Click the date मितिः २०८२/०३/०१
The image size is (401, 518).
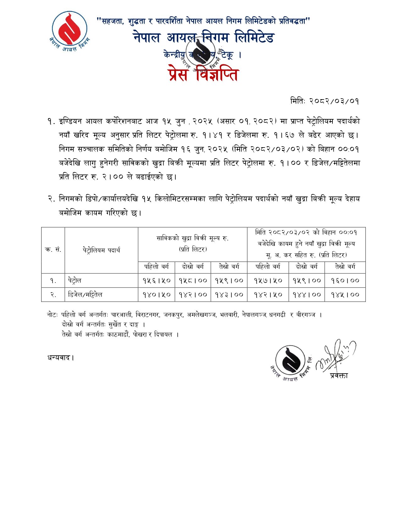[324, 101]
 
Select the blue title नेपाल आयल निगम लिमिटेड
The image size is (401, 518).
[204, 38]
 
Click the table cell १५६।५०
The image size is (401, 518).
[156, 280]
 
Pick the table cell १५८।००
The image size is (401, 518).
[193, 280]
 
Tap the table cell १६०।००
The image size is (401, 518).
[345, 280]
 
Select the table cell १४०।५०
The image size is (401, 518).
[156, 294]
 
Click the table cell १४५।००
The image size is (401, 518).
[345, 294]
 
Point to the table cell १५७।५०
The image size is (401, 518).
[268, 280]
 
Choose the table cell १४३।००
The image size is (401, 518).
[229, 294]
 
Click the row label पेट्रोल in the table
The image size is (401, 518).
[75, 280]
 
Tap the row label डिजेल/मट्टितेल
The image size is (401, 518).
[85, 294]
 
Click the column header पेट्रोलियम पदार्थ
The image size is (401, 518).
[101, 250]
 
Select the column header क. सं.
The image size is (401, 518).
[53, 250]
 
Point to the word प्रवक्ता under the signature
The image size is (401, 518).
[339, 375]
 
